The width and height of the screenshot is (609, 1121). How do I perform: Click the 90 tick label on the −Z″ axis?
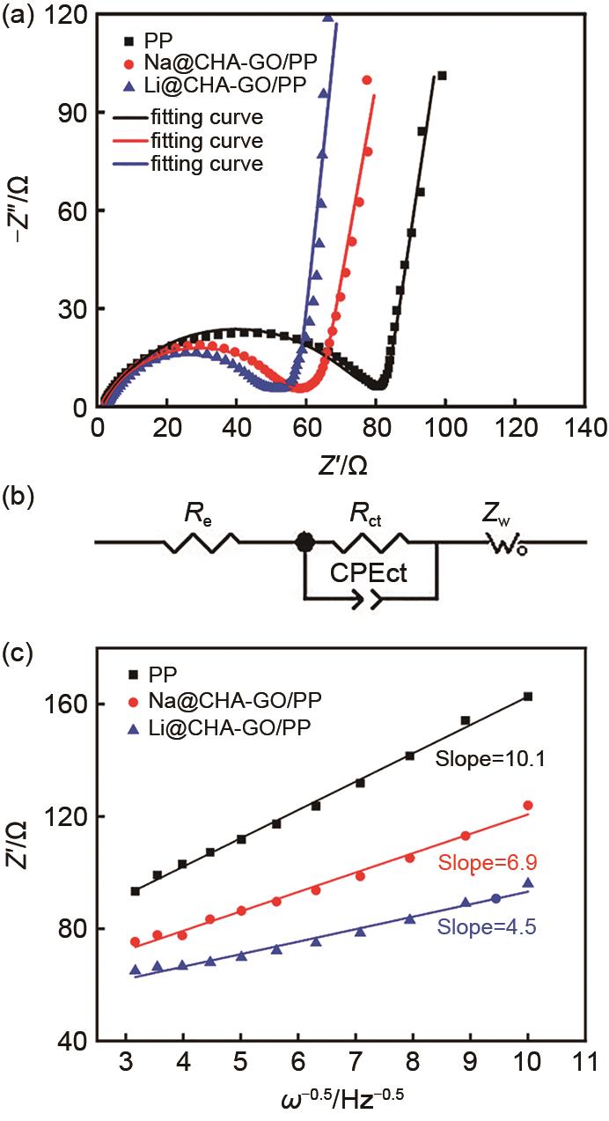click(70, 113)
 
